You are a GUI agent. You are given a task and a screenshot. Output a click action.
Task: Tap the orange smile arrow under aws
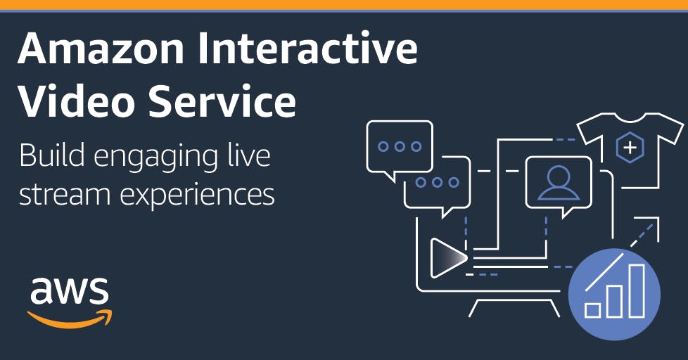point(70,319)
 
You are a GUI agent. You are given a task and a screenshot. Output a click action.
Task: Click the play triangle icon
point(447,258)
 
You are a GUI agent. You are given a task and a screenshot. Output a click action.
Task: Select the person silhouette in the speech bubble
point(558,184)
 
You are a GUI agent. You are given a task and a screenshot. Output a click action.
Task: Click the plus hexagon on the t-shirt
point(630,148)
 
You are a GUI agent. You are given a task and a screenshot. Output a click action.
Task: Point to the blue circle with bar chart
point(614,294)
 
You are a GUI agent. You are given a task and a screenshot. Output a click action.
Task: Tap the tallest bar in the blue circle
point(637,290)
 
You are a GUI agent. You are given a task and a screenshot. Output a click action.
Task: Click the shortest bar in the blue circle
point(593,309)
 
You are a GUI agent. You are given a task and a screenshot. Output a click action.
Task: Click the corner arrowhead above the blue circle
point(658,218)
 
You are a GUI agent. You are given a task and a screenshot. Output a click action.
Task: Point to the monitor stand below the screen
point(514,308)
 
